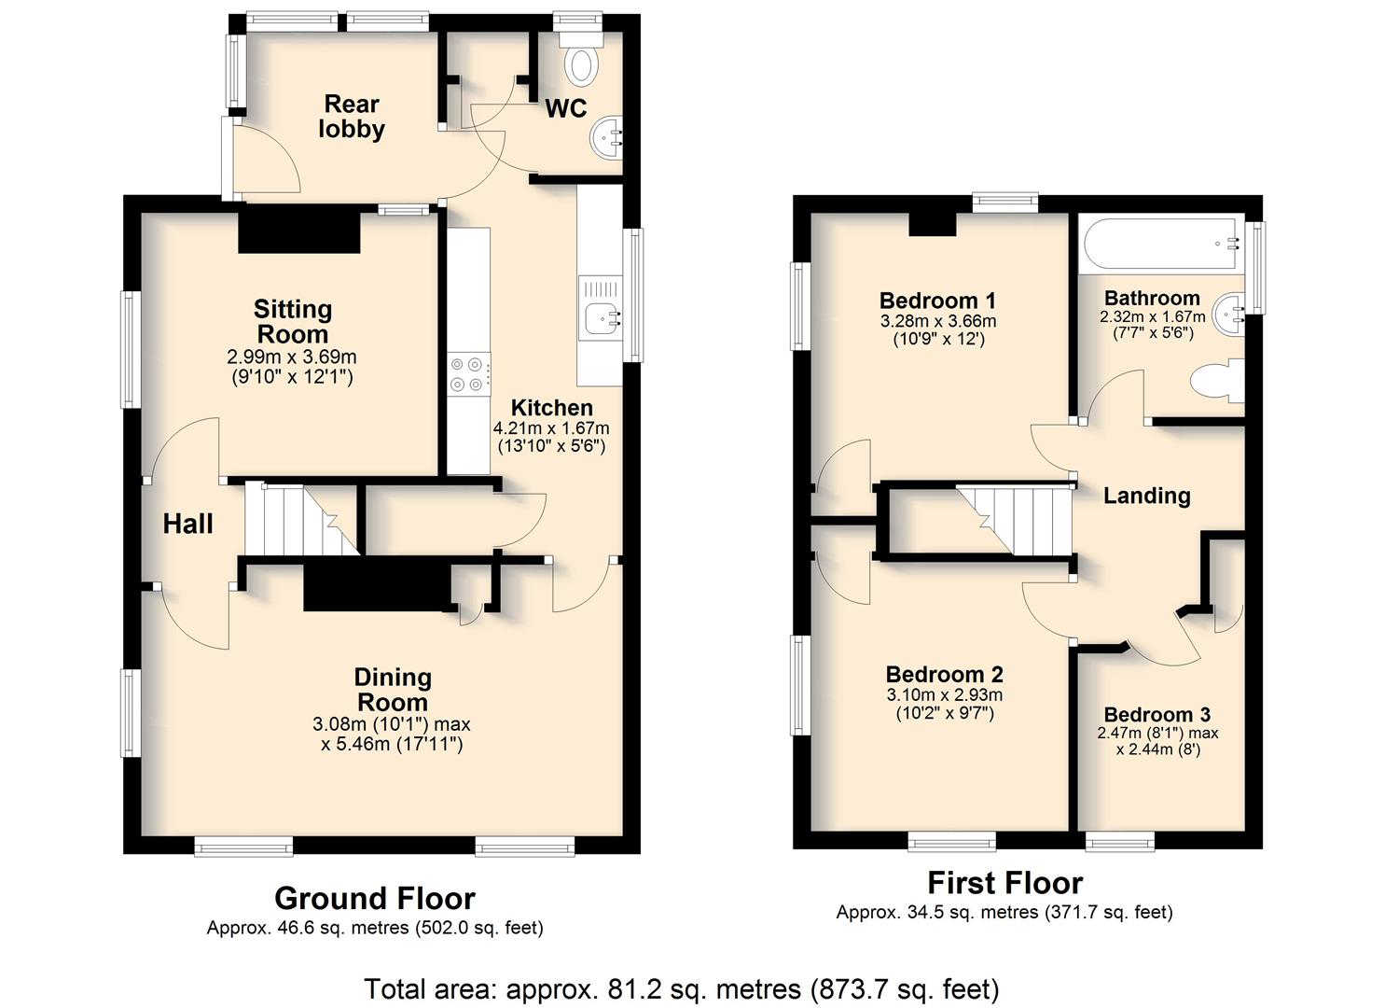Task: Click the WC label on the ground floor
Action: pos(566,109)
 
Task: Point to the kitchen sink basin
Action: pos(601,318)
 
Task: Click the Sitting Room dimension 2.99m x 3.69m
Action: pos(292,357)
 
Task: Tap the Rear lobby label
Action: pos(352,117)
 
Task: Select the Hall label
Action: pos(188,525)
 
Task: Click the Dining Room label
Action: pos(393,690)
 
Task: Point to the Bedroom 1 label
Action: pos(938,301)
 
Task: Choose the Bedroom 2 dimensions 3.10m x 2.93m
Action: pos(945,694)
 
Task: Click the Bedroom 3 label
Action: pos(1156,715)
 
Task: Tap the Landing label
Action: pos(1147,496)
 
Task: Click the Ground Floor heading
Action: pos(375,899)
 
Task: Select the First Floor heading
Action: pos(1005,882)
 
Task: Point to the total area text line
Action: pos(682,988)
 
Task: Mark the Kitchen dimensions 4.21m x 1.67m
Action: pos(551,427)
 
